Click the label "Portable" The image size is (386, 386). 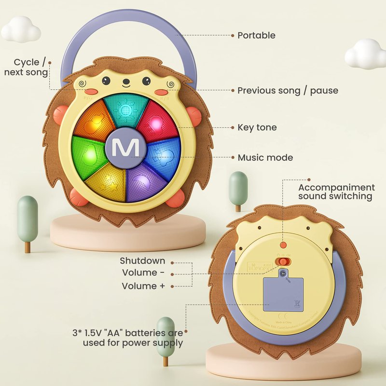pos(256,35)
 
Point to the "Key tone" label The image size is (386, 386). pos(257,128)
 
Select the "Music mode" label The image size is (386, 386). pos(265,158)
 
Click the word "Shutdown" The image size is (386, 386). pos(142,261)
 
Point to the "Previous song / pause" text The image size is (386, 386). pos(288,91)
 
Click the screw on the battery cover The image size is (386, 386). pos(284,273)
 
